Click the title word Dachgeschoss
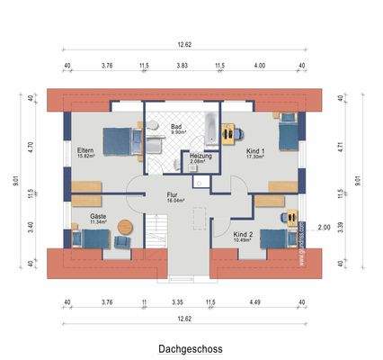[191, 347]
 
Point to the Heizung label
[200, 157]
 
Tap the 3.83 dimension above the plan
[182, 65]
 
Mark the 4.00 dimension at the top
[260, 65]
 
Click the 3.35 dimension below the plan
[179, 302]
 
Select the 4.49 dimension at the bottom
[254, 302]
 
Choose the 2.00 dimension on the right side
[325, 228]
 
